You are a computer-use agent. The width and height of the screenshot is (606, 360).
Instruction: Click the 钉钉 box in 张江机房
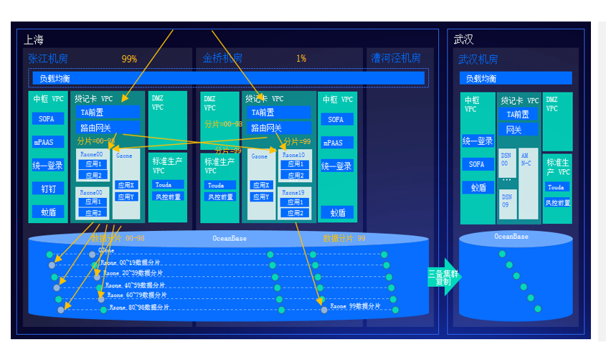(x=48, y=189)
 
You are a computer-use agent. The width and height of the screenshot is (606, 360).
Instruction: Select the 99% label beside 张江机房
(x=129, y=59)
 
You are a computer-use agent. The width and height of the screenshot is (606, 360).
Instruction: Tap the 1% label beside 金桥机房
(x=301, y=59)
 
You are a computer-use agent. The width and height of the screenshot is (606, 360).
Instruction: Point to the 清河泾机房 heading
(x=396, y=58)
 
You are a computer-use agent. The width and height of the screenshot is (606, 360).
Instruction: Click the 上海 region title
(x=34, y=39)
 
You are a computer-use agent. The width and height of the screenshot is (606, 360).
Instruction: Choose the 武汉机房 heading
(x=478, y=60)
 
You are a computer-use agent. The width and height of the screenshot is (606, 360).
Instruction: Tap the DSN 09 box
(x=506, y=200)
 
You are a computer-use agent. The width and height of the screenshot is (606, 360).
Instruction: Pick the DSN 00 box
(x=506, y=158)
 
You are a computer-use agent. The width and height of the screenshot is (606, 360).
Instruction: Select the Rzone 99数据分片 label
(x=356, y=306)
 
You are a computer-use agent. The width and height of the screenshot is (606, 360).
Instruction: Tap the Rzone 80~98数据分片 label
(x=139, y=307)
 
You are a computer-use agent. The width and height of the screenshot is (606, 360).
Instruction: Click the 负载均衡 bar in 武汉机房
(x=516, y=78)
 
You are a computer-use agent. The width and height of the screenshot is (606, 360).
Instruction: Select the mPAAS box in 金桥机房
(x=336, y=143)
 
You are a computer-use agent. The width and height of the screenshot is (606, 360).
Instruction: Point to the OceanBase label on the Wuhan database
(x=511, y=237)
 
